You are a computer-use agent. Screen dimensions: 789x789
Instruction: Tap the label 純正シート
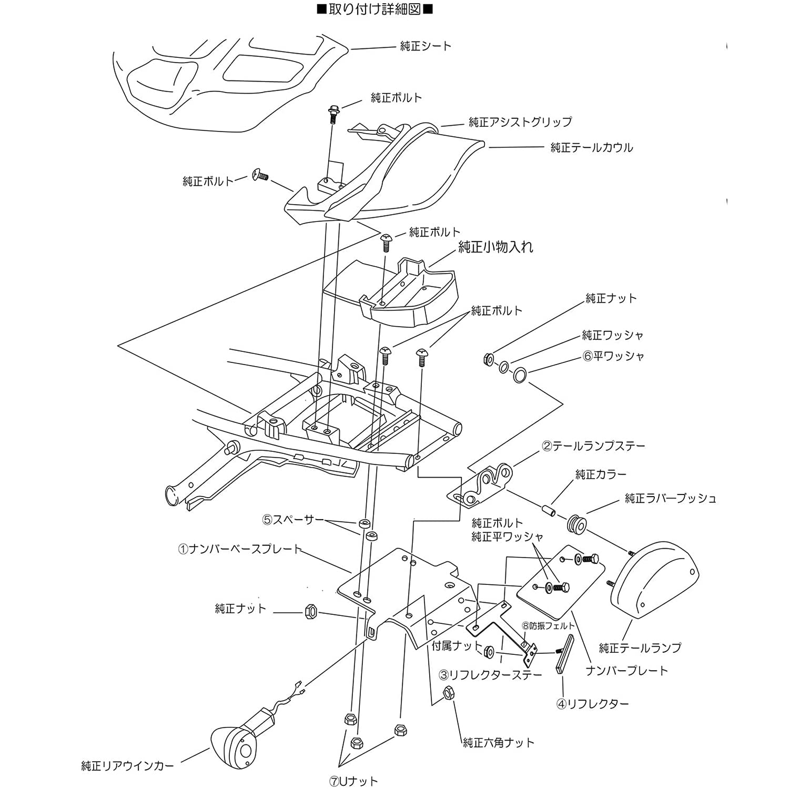coord(426,46)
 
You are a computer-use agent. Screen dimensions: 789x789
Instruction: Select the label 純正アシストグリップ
coord(520,122)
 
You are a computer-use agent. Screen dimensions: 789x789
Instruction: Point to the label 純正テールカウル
coord(592,148)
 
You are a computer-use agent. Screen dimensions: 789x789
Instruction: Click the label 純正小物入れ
coord(496,247)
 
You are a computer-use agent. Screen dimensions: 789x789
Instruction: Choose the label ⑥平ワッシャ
coord(613,356)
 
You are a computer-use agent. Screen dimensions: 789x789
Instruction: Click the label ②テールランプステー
coord(593,447)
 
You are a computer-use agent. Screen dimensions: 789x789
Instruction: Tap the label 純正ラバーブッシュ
coord(671,498)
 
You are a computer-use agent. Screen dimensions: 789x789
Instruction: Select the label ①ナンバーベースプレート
coord(240,550)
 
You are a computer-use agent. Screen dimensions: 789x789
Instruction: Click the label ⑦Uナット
coord(353,781)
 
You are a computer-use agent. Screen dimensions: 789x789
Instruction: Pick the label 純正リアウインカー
coord(127,766)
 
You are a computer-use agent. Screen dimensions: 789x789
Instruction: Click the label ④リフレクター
coord(593,704)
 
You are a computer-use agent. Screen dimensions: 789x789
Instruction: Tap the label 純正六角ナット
coord(499,743)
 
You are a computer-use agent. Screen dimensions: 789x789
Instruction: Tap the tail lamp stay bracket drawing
coord(480,484)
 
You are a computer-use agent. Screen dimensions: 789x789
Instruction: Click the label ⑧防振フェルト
coord(548,626)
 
